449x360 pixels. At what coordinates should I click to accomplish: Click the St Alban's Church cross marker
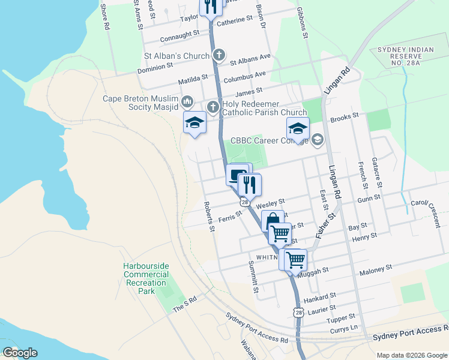click(220, 56)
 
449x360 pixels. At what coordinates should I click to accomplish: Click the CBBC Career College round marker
click(318, 140)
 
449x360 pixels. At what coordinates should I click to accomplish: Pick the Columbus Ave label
click(244, 77)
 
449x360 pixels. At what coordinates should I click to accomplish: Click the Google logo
click(20, 353)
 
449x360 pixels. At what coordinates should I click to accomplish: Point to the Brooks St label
click(345, 116)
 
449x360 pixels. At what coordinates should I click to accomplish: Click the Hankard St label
click(319, 298)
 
